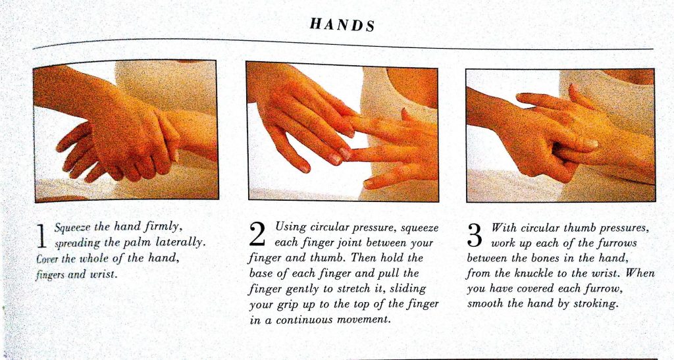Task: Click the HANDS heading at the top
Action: (342, 24)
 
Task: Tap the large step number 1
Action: (41, 236)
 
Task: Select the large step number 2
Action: (257, 234)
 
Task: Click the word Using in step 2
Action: (290, 227)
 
